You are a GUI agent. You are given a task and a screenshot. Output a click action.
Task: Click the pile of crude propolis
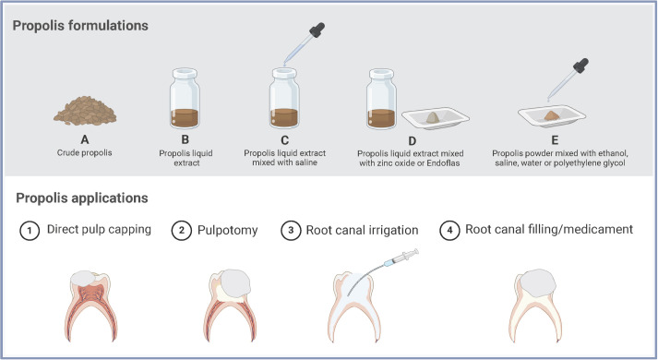pyautogui.click(x=85, y=111)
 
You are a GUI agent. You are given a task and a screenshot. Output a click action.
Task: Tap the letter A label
pyautogui.click(x=85, y=139)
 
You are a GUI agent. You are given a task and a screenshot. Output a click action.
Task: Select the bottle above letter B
pyautogui.click(x=185, y=98)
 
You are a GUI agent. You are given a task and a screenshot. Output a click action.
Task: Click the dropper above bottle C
pyautogui.click(x=304, y=43)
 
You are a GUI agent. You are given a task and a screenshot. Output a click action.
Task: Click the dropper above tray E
pyautogui.click(x=568, y=79)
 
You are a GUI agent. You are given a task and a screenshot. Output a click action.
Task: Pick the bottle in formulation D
pyautogui.click(x=381, y=99)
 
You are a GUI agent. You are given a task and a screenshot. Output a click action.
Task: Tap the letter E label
pyautogui.click(x=555, y=140)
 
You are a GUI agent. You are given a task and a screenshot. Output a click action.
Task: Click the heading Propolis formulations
pyautogui.click(x=80, y=26)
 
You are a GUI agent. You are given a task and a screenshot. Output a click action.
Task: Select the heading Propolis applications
pyautogui.click(x=82, y=198)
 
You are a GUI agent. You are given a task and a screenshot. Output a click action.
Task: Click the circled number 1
pyautogui.click(x=30, y=231)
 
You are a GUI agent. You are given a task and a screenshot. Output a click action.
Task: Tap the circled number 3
pyautogui.click(x=291, y=231)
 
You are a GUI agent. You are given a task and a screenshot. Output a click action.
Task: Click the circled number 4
pyautogui.click(x=449, y=231)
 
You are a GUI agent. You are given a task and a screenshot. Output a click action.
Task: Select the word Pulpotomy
pyautogui.click(x=227, y=231)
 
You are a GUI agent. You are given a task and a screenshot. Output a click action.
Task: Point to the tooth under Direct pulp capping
pyautogui.click(x=91, y=306)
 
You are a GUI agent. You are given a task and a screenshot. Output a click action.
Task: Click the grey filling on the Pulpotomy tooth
pyautogui.click(x=236, y=284)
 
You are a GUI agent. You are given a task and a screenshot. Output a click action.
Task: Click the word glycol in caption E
pyautogui.click(x=614, y=162)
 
